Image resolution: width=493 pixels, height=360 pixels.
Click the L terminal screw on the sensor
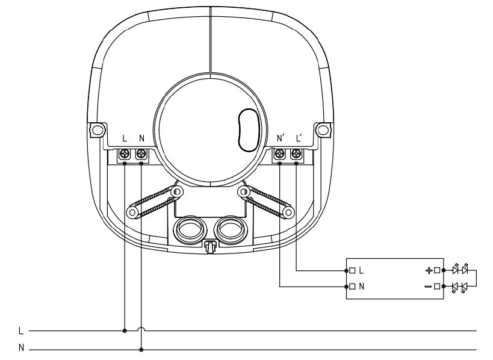[125, 154]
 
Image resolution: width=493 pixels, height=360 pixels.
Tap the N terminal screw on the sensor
[141, 154]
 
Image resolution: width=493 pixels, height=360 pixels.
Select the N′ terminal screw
[279, 154]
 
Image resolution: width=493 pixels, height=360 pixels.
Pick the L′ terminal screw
[296, 154]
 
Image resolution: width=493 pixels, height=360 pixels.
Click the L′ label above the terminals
[299, 138]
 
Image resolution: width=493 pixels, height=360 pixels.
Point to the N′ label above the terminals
[281, 138]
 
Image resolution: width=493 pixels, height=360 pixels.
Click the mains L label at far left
[21, 331]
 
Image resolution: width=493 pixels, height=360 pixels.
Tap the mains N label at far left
[21, 348]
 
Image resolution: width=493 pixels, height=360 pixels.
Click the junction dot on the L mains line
[125, 331]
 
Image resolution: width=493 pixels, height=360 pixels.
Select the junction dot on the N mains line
[141, 350]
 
